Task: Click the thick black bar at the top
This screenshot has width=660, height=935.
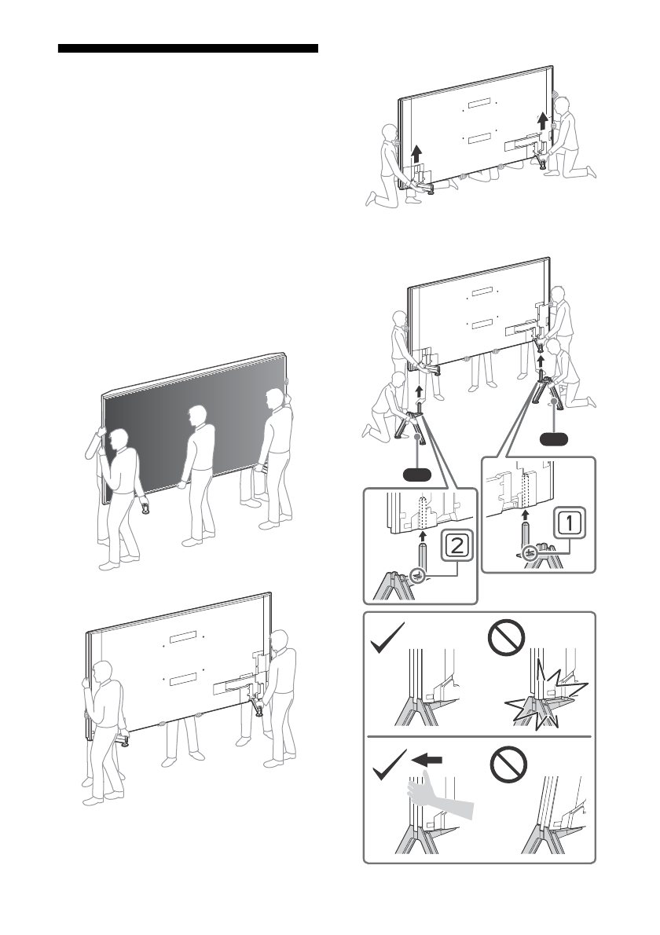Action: (188, 48)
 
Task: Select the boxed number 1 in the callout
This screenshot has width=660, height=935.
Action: (569, 523)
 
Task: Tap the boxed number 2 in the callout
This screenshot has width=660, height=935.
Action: (456, 545)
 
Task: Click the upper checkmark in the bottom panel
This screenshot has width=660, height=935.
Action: (387, 637)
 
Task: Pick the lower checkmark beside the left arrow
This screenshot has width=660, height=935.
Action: (390, 765)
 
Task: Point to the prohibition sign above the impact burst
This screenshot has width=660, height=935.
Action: (506, 638)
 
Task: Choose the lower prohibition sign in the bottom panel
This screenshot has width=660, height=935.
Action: (508, 765)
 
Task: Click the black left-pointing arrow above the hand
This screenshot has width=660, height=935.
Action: (427, 760)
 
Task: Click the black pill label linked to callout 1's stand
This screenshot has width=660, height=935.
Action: (554, 439)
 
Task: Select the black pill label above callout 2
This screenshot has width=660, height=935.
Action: (416, 475)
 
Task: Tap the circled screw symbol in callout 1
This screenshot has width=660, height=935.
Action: (528, 553)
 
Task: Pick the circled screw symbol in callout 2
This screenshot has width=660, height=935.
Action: (419, 577)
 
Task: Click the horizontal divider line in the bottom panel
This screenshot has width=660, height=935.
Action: (479, 736)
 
